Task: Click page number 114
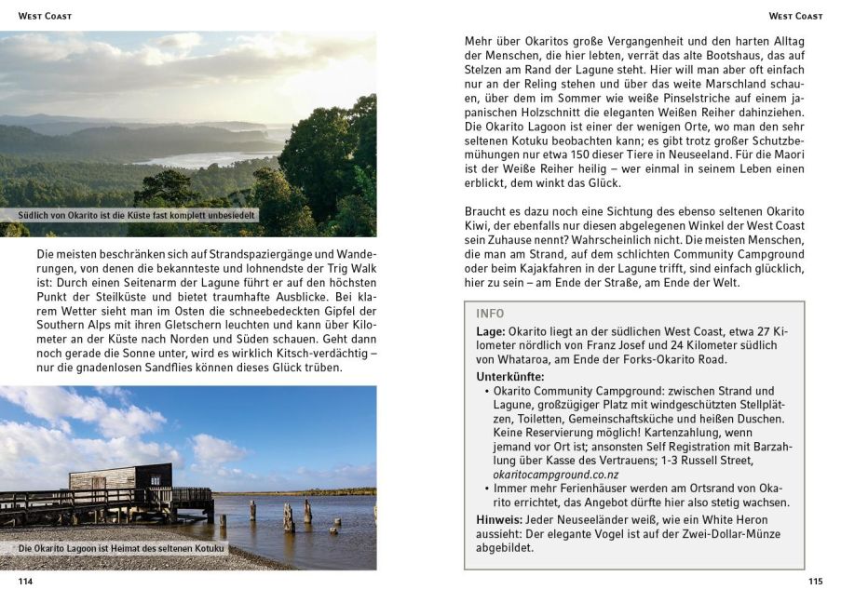[25, 582]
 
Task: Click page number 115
[815, 582]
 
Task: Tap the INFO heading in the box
[490, 314]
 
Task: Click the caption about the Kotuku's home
[121, 549]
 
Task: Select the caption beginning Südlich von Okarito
[137, 215]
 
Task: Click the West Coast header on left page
[45, 16]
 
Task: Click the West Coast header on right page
[795, 16]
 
